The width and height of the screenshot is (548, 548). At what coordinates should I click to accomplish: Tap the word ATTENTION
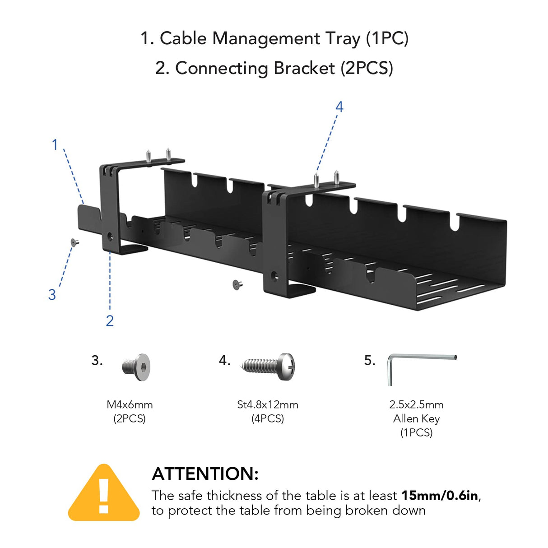(205, 474)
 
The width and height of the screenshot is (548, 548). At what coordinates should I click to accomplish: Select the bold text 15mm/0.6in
(439, 496)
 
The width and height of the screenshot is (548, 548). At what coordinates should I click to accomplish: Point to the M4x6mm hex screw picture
(136, 367)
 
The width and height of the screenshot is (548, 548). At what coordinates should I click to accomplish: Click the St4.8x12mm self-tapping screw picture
(269, 367)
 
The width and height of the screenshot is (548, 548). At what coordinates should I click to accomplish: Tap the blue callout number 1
(55, 145)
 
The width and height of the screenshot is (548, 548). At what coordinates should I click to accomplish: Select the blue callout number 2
(110, 321)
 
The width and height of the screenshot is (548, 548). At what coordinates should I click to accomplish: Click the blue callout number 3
(52, 295)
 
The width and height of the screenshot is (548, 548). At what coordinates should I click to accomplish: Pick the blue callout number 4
(339, 107)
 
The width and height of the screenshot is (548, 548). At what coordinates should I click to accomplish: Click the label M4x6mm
(130, 404)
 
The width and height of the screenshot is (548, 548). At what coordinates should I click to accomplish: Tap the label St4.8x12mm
(268, 404)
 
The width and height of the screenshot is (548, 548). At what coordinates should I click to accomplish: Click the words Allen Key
(416, 418)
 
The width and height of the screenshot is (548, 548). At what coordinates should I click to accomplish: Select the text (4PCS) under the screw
(268, 418)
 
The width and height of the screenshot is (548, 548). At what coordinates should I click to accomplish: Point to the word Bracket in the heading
(304, 68)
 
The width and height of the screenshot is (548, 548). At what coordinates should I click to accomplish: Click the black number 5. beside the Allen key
(369, 360)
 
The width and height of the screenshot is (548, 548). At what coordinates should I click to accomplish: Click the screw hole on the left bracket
(110, 236)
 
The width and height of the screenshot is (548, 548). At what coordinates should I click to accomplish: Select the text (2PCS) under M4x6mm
(130, 418)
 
